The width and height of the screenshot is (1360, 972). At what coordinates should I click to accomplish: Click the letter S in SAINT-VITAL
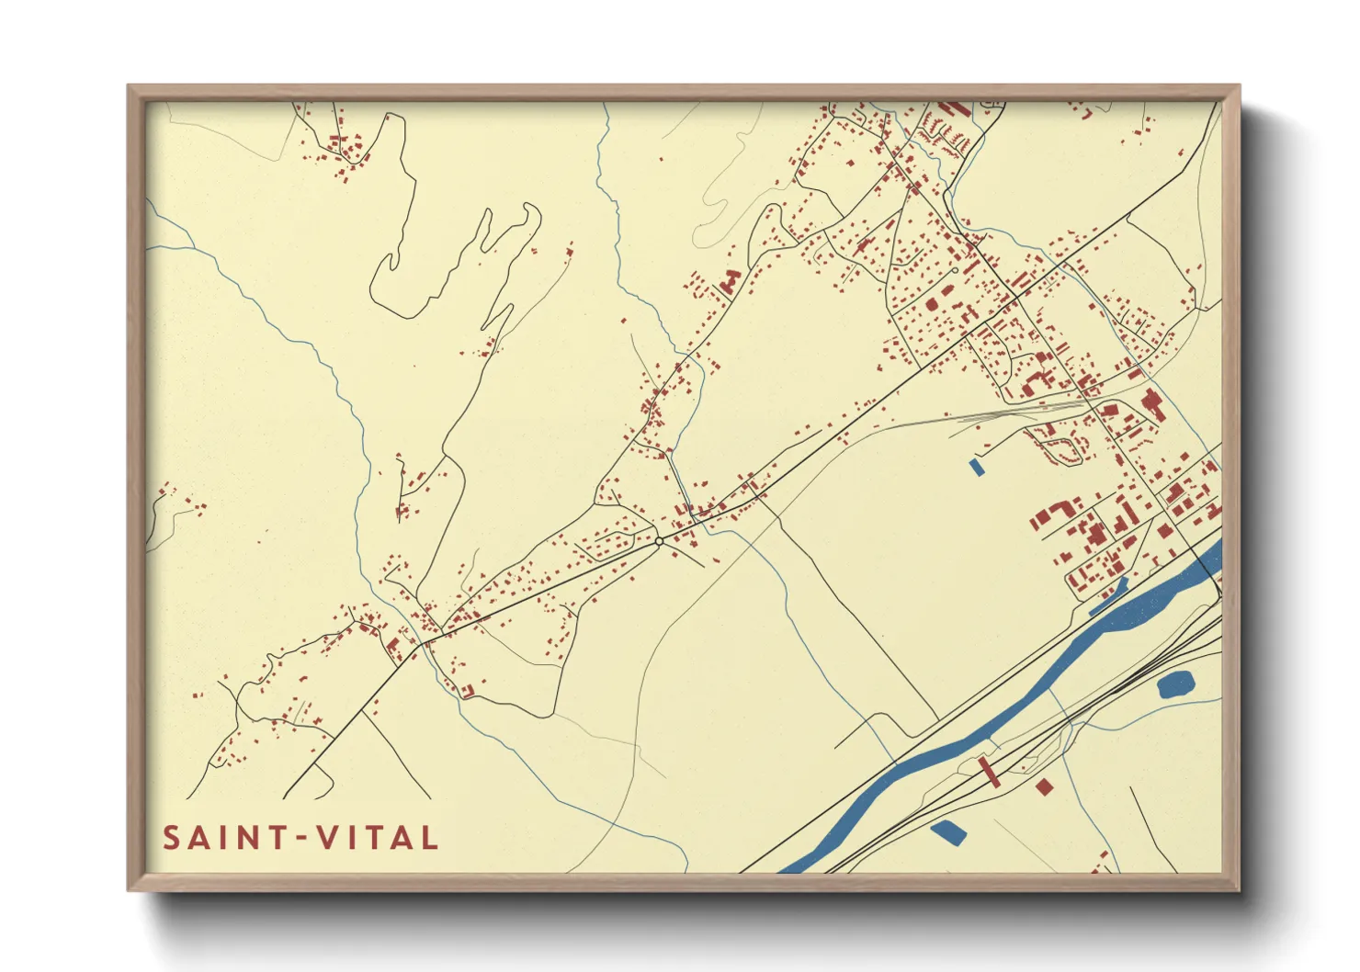pos(172,838)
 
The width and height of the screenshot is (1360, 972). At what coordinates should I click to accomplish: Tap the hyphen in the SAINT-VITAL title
pos(297,838)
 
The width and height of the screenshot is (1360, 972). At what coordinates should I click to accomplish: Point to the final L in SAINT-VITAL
pos(428,838)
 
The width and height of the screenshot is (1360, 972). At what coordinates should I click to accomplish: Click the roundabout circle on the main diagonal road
pos(659,541)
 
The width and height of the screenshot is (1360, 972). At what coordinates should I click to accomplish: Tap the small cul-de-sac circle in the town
pos(955,270)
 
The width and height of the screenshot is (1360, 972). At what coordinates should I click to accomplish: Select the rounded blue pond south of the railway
pos(1175,684)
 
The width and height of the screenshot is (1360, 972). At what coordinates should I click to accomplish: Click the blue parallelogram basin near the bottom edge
pos(948,832)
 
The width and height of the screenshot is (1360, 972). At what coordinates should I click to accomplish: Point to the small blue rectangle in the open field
pos(976,467)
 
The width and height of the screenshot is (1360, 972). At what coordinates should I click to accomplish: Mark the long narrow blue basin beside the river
pos(1109,597)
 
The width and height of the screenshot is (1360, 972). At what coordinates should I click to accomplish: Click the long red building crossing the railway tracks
pos(989,772)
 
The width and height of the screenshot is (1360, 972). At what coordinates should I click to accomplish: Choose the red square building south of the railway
pos(1043,786)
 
